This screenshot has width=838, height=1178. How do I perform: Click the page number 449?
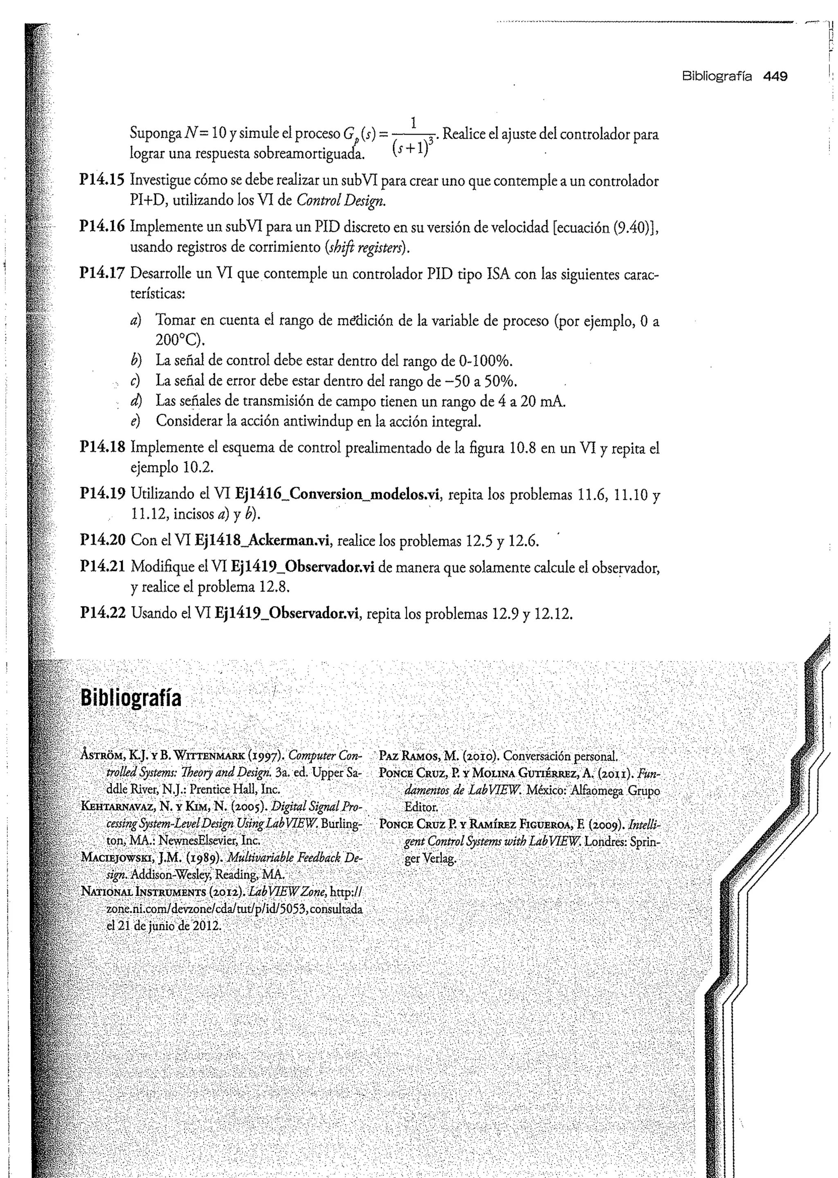pos(775,77)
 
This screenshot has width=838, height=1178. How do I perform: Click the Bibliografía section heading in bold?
pos(131,698)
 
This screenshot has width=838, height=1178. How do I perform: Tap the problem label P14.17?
pos(102,273)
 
